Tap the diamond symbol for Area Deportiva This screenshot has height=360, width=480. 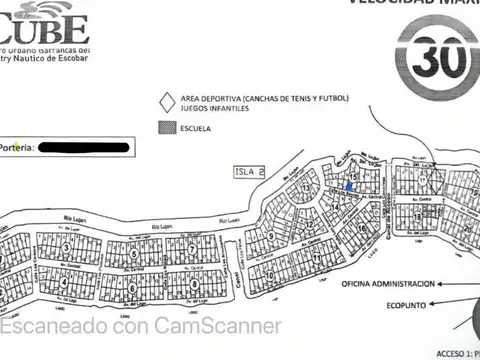(165, 100)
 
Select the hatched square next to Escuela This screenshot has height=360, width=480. (165, 128)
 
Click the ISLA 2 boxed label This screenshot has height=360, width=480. (247, 171)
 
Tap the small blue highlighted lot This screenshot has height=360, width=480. (348, 185)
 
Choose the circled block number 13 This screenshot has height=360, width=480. (305, 188)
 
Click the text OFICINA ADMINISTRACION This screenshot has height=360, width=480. (391, 283)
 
